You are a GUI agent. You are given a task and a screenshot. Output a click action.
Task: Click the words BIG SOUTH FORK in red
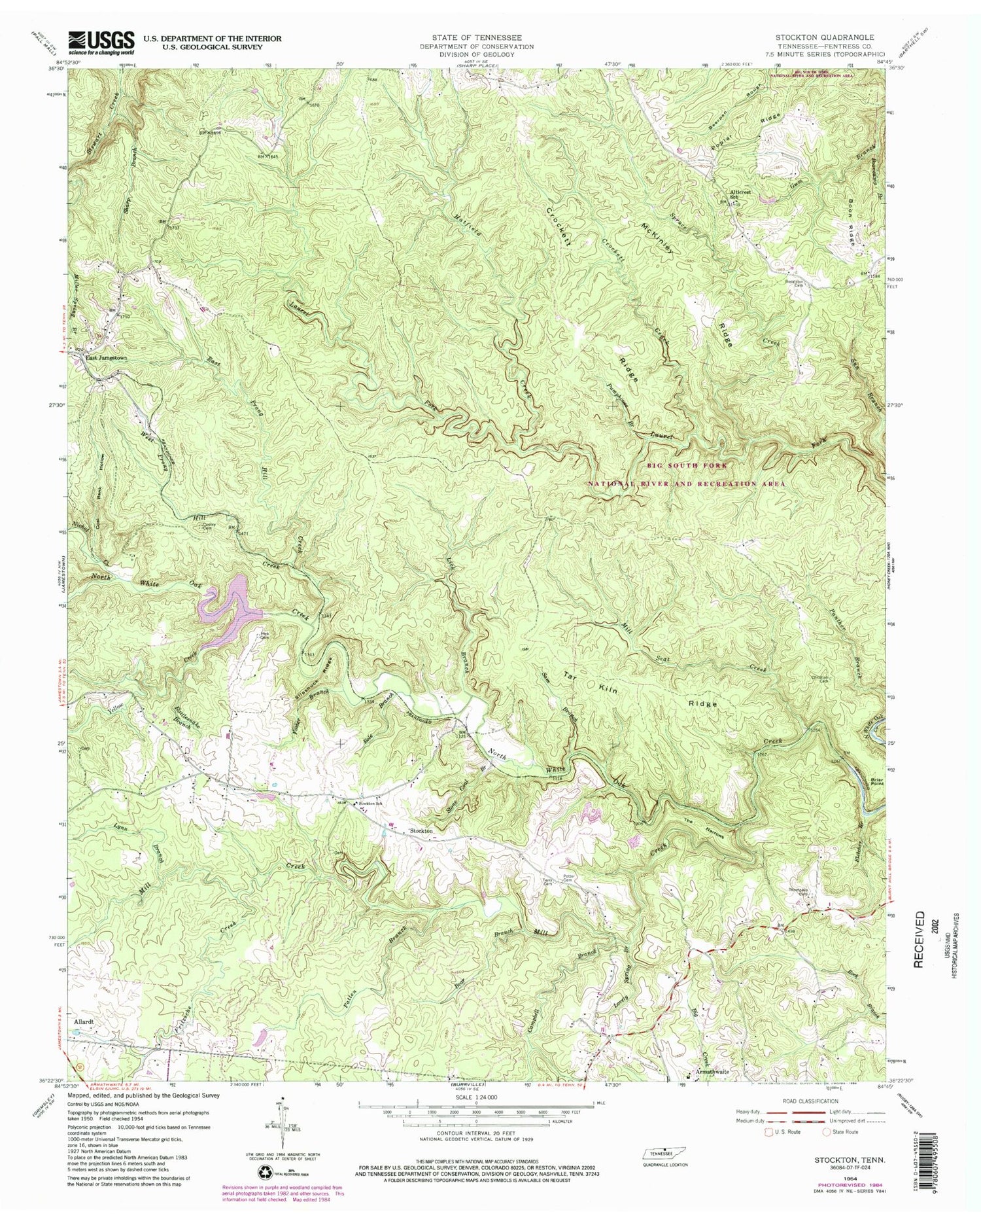pos(687,465)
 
